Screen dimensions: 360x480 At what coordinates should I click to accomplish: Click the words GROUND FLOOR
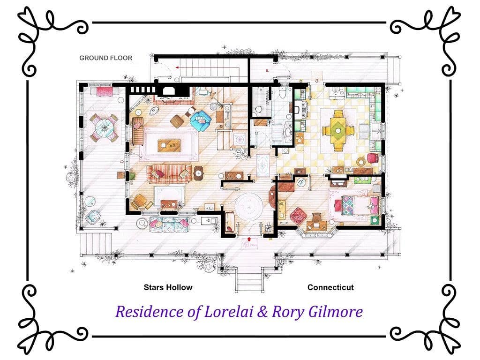pos(105,58)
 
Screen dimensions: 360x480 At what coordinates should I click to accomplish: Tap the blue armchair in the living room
pos(201,120)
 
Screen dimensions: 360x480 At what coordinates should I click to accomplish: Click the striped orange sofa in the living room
pos(169,173)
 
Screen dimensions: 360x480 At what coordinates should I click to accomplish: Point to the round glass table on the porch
pos(104,127)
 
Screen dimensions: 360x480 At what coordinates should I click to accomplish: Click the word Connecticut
pos(330,287)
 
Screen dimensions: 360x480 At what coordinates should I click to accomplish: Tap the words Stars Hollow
pos(168,287)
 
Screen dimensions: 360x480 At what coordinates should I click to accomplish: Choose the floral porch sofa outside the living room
pos(169,224)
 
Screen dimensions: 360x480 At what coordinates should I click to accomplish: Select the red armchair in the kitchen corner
pos(373,158)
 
